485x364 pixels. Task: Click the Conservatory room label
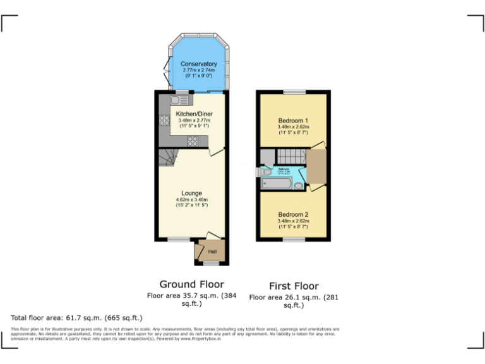(198, 64)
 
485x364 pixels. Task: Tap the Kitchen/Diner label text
(194, 114)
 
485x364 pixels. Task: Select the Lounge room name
(191, 193)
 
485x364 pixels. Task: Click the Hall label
(212, 251)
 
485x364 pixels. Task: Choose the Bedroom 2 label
(293, 214)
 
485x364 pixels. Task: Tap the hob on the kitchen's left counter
(164, 121)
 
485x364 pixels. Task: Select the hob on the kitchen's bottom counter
(193, 141)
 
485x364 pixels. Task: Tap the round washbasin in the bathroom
(298, 185)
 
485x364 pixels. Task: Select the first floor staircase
(292, 155)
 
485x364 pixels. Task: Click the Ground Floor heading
(191, 284)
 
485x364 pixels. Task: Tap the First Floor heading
(294, 286)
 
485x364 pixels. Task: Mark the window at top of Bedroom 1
(293, 92)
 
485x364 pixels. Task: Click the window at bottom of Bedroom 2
(293, 240)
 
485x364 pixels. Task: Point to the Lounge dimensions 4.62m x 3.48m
(191, 200)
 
